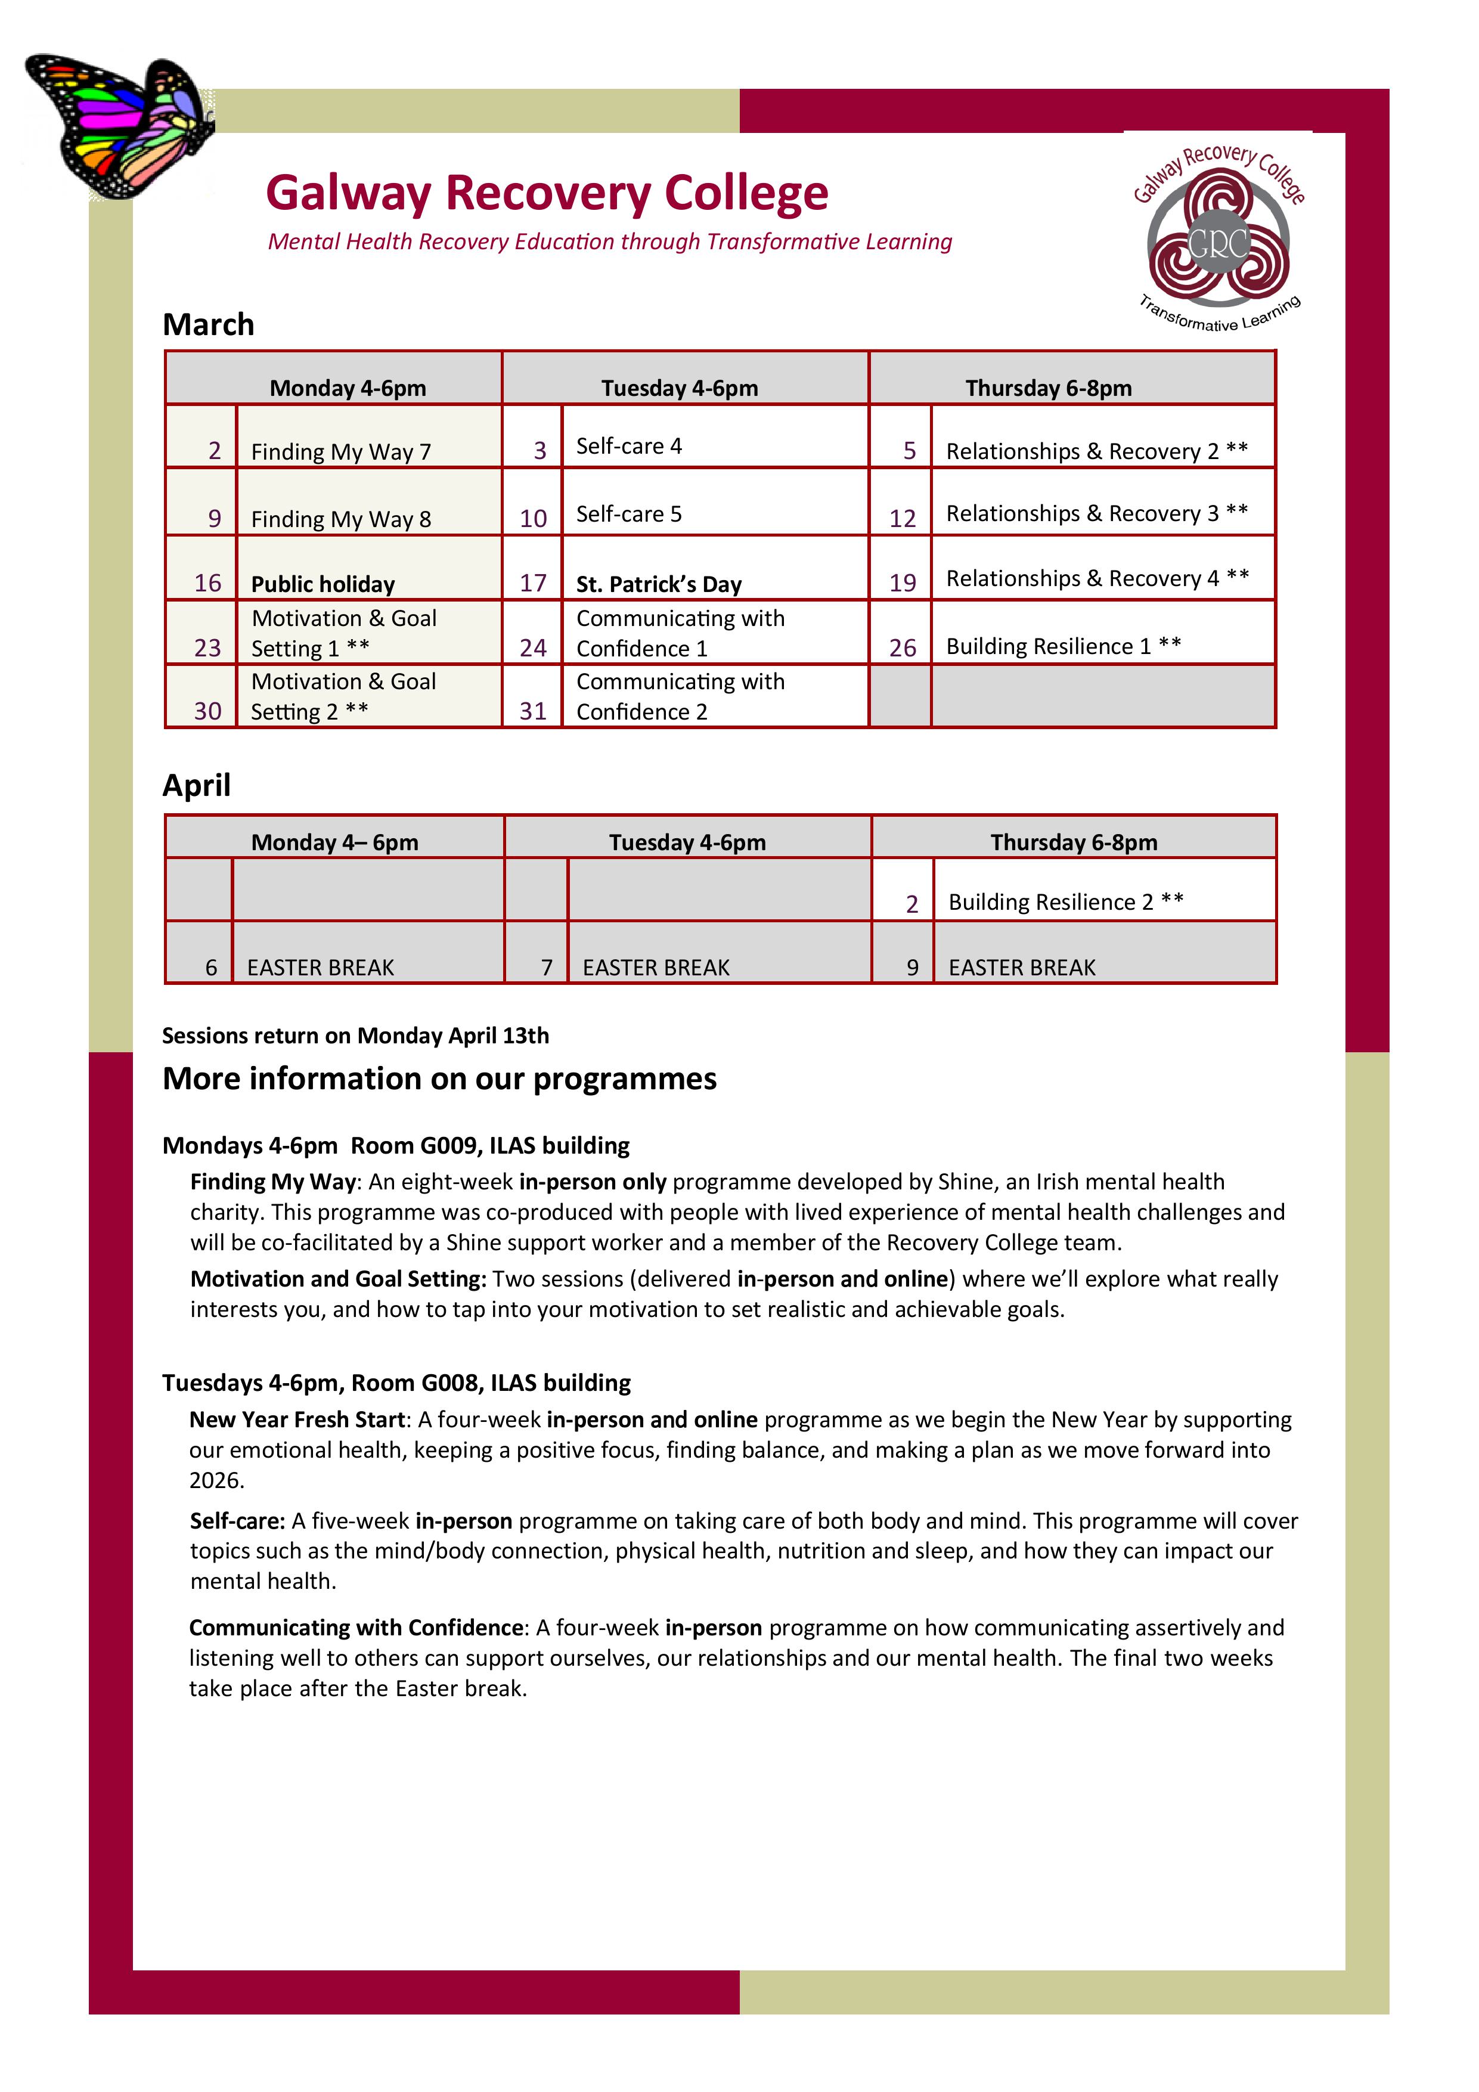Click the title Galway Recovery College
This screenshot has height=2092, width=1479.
pyautogui.click(x=547, y=193)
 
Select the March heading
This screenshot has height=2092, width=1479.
pyautogui.click(x=208, y=324)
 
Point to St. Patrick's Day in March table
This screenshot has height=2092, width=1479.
pyautogui.click(x=659, y=584)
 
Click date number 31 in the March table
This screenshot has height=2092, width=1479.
pyautogui.click(x=533, y=711)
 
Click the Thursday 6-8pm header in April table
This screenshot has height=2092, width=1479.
pyautogui.click(x=1074, y=842)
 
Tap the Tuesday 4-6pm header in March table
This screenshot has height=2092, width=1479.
pyautogui.click(x=679, y=388)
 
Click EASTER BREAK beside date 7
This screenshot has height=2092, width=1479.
pyautogui.click(x=656, y=967)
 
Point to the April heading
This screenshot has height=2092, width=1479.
pyautogui.click(x=197, y=785)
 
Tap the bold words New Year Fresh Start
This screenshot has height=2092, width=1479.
pyautogui.click(x=297, y=1419)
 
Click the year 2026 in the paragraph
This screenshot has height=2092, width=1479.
pyautogui.click(x=216, y=1480)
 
